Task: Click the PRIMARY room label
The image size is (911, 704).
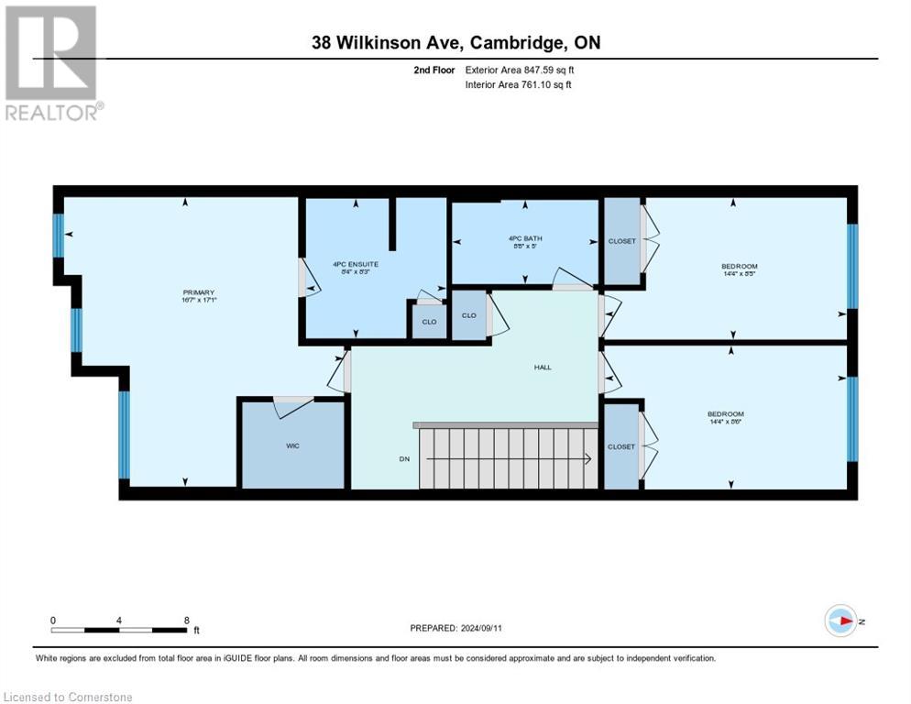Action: click(198, 292)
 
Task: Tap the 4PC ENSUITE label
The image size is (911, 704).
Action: click(356, 264)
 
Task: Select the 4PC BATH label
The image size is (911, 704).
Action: click(521, 240)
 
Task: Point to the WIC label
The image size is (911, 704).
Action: click(292, 445)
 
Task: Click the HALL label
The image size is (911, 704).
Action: click(543, 367)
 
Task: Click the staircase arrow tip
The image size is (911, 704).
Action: click(586, 459)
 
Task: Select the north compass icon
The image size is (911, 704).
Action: click(840, 621)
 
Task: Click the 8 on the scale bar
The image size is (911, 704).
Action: click(187, 620)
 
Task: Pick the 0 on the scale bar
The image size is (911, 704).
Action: click(53, 620)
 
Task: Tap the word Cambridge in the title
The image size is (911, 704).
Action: click(505, 43)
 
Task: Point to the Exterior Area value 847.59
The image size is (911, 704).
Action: click(536, 70)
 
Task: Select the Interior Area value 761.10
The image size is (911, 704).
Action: click(533, 85)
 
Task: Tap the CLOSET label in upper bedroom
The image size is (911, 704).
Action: click(621, 241)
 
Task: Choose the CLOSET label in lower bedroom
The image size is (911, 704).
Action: click(621, 446)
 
